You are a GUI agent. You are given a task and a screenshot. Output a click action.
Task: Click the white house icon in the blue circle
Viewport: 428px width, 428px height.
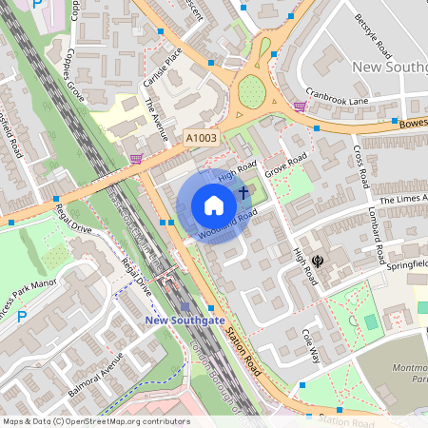coord(214,205)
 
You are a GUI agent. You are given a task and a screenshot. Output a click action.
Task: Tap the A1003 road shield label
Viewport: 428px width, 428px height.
coord(201,138)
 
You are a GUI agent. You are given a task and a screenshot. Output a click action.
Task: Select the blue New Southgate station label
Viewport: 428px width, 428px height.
coord(185,321)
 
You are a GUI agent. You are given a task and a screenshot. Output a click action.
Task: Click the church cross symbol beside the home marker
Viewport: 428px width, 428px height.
coord(243,194)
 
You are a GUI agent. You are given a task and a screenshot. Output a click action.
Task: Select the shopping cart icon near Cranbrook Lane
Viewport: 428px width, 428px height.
coord(301,107)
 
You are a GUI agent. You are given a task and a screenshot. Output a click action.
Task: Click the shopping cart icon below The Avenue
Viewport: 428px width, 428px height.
coord(136,158)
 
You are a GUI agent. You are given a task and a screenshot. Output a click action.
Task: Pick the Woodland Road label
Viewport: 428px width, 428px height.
coord(228,224)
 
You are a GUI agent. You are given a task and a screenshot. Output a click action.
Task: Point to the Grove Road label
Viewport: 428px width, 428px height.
coord(286,165)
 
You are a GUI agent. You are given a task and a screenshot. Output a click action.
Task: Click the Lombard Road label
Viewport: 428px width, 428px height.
coord(377,239)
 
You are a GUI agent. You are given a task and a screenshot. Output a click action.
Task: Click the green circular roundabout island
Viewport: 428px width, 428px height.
coord(251,92)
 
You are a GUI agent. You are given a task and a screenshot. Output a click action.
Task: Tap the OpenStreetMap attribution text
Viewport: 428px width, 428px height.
coord(95,421)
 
